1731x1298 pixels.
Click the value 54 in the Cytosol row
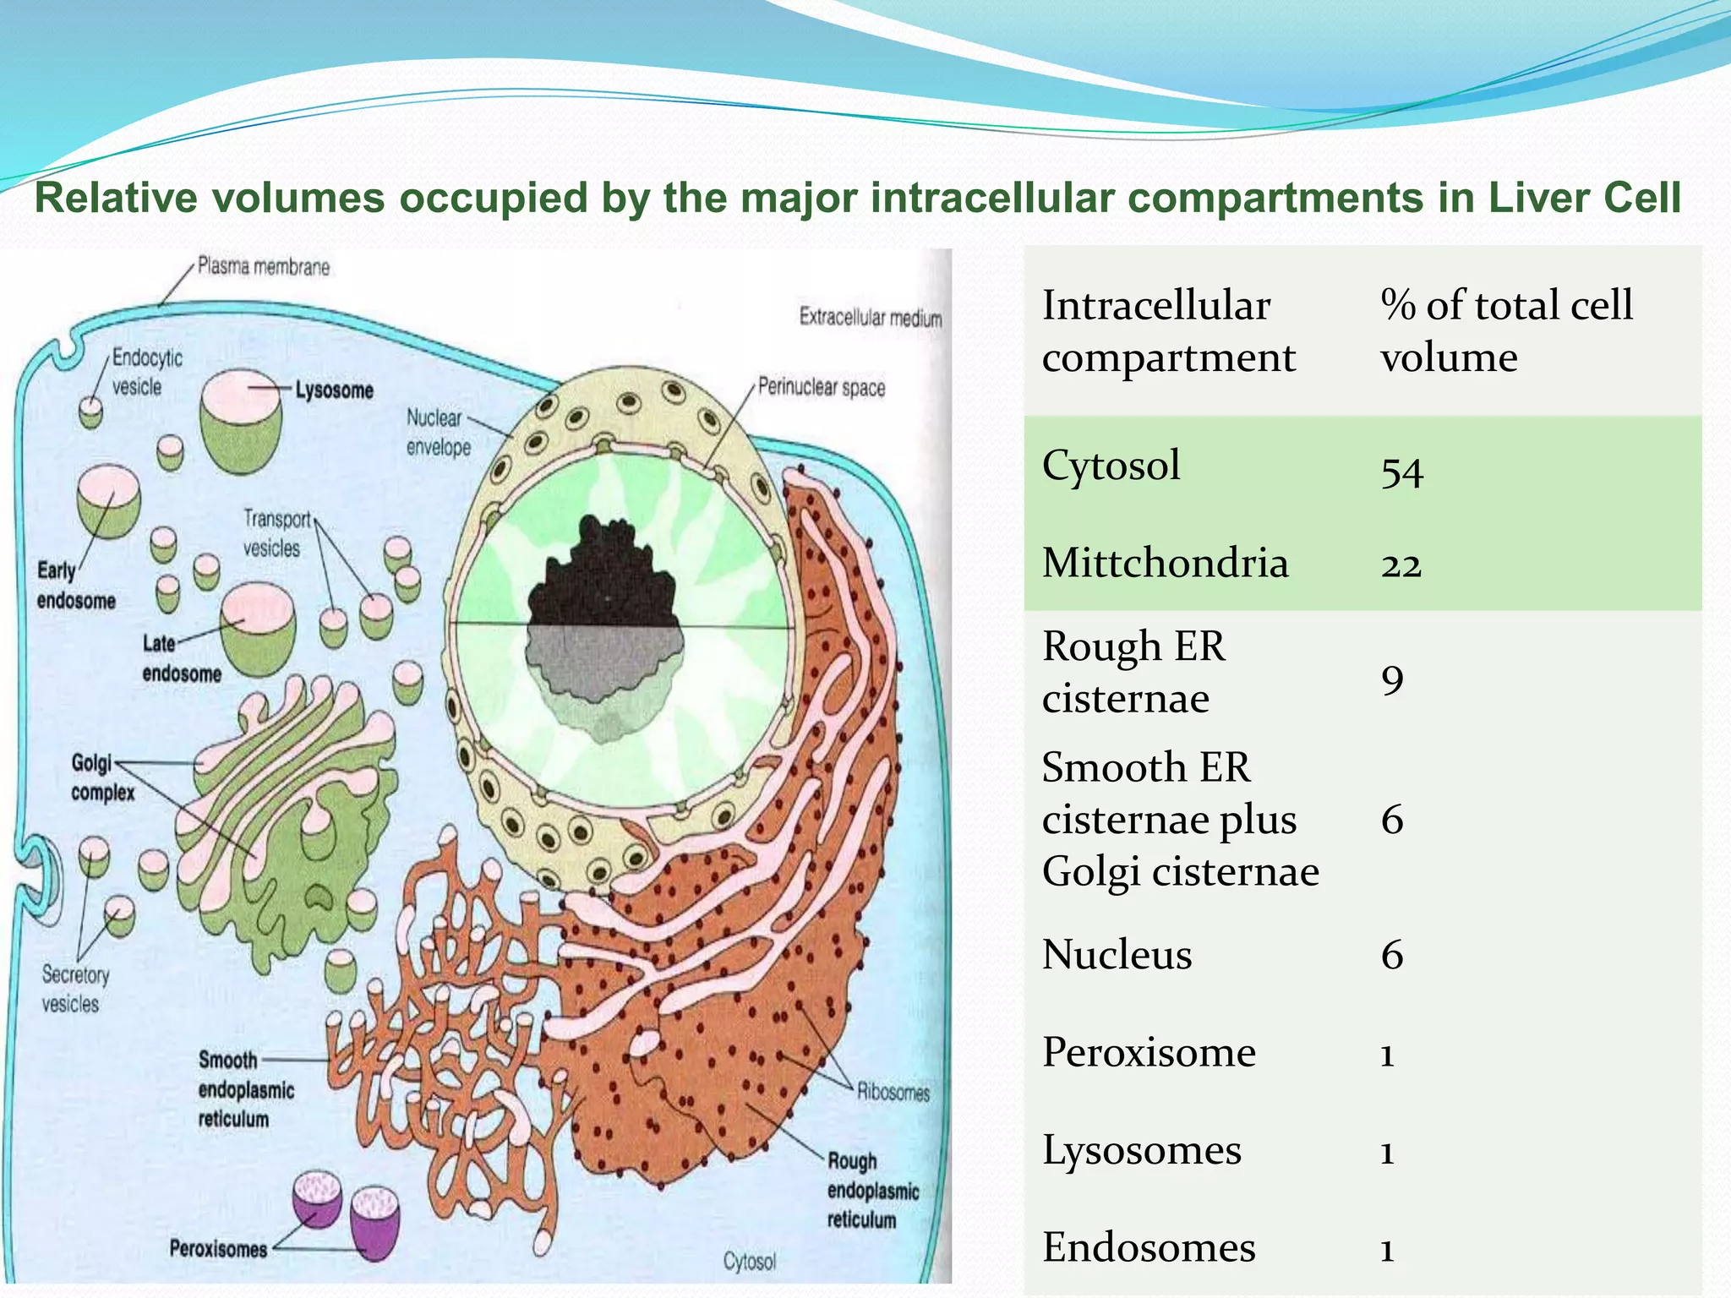[x=1402, y=471]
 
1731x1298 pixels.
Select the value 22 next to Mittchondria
[x=1401, y=564]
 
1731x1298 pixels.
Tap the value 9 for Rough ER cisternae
[x=1392, y=679]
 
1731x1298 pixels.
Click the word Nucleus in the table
[x=1117, y=954]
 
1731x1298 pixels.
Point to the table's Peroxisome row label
[x=1149, y=1052]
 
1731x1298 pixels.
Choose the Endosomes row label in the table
[x=1149, y=1247]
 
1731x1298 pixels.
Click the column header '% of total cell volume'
[x=1506, y=330]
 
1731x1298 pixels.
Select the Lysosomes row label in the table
[x=1141, y=1150]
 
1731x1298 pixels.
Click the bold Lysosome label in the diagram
[x=334, y=390]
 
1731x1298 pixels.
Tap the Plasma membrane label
[x=263, y=267]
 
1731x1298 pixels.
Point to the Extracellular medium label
[x=870, y=318]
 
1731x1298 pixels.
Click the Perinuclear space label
[x=821, y=387]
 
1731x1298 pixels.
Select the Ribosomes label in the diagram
[x=893, y=1092]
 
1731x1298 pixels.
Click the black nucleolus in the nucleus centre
[x=602, y=575]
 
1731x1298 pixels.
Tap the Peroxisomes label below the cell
[x=218, y=1248]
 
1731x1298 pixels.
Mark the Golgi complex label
[x=101, y=777]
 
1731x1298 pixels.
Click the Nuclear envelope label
[x=437, y=432]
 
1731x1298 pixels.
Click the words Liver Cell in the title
[x=1583, y=198]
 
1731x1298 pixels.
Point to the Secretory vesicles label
[x=74, y=989]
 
